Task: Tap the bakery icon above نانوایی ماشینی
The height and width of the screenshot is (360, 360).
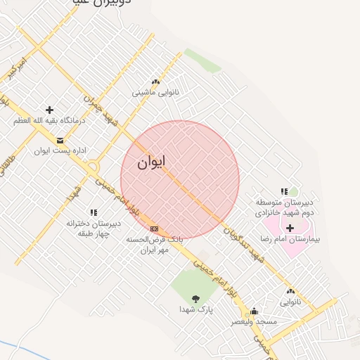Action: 155,82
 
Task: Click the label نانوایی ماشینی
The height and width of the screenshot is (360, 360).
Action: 156,93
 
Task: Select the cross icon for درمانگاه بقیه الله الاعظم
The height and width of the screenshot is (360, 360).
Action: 49,110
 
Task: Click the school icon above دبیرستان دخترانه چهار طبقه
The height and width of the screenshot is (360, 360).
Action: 94,212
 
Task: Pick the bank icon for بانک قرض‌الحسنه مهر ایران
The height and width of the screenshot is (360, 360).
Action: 154,229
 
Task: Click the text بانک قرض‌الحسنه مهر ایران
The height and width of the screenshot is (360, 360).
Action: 154,244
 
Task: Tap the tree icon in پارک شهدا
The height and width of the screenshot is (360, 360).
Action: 196,299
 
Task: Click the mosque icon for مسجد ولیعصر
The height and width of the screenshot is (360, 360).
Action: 254,311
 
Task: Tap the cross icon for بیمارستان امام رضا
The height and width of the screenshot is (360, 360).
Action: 290,228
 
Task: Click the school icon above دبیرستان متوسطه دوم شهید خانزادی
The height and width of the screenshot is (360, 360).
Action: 284,191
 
